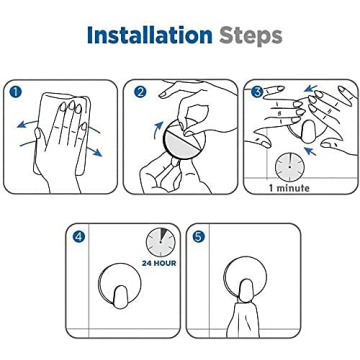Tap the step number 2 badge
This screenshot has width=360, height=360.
click(x=139, y=92)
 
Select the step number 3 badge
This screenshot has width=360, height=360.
click(x=257, y=92)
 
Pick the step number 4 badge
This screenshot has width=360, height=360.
click(x=79, y=237)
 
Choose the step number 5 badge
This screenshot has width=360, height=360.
click(x=198, y=237)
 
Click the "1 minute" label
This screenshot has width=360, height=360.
click(x=289, y=187)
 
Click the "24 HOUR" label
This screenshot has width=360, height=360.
click(x=159, y=262)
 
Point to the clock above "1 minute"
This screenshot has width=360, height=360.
click(x=289, y=165)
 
